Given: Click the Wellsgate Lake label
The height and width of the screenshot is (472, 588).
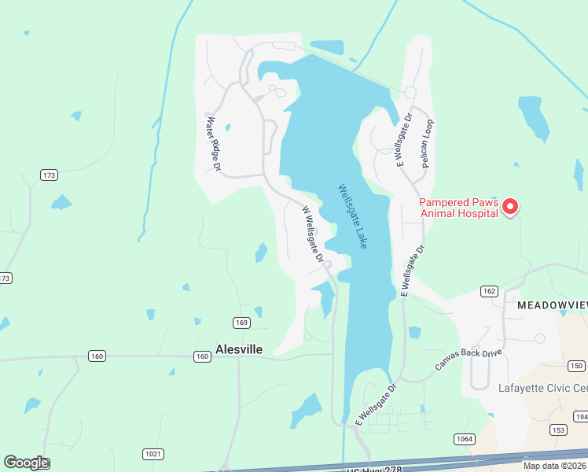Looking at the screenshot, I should point(353,217).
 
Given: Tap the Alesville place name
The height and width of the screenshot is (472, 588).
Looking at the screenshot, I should point(239,349).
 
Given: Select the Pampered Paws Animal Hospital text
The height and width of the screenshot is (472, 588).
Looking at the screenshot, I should point(458,207).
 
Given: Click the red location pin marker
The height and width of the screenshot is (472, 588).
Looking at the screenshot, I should point(510,206).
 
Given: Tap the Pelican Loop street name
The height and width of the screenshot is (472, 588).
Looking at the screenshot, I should point(428,144).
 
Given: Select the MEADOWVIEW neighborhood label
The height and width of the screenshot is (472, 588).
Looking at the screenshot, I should point(552,304).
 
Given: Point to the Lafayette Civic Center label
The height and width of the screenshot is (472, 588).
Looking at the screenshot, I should point(543,388).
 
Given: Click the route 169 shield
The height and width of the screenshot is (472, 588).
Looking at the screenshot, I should point(241,323).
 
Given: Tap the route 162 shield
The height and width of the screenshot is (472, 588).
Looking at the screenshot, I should point(489,291).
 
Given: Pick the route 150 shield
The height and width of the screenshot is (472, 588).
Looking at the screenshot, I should point(577,366).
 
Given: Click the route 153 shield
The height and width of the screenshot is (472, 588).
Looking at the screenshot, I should point(559,430).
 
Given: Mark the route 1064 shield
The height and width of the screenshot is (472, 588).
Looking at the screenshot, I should point(464,438).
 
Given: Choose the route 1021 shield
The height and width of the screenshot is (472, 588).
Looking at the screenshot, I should point(153,454).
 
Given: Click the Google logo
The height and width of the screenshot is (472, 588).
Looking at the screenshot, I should point(26,463).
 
